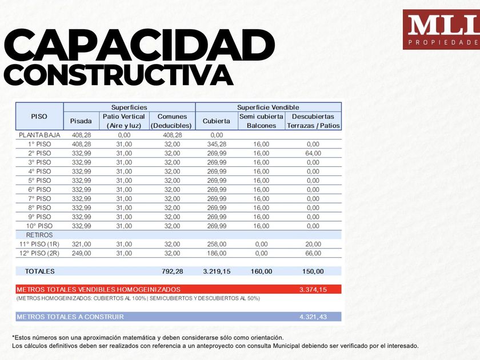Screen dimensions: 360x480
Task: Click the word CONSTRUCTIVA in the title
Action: point(118,75)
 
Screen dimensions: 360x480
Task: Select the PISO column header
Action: point(39,117)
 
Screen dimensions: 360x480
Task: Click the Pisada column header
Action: point(81,121)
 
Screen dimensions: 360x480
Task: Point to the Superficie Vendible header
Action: point(268,107)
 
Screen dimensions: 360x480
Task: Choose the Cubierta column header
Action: point(217,121)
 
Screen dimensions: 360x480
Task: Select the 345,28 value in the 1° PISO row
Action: point(217,144)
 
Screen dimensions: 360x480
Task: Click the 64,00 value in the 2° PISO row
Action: point(313,153)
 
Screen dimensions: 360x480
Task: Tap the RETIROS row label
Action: point(39,235)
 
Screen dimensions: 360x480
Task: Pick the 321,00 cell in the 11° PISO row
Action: point(81,244)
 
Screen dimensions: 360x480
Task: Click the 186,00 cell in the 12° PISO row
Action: point(217,253)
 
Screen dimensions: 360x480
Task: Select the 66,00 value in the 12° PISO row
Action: point(313,253)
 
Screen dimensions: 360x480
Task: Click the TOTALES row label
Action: point(40,271)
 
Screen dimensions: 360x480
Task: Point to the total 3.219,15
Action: point(217,271)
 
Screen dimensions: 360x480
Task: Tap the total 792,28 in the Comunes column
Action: point(172,271)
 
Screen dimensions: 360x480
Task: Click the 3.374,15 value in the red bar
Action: point(313,290)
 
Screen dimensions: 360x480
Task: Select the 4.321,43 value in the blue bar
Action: point(313,317)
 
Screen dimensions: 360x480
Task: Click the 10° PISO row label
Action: point(39,226)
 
